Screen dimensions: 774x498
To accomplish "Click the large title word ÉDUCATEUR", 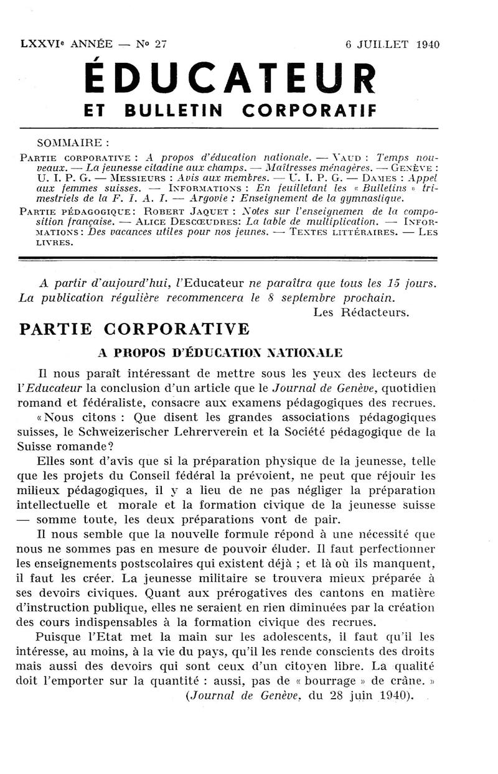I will point(230,79).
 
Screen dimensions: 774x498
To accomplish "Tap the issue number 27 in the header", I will point(161,44).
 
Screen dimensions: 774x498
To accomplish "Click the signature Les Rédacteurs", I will point(361,312).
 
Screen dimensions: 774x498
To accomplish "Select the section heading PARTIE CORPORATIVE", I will point(134,329).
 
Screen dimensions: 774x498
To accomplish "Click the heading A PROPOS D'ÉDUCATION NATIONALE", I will point(220,353).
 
